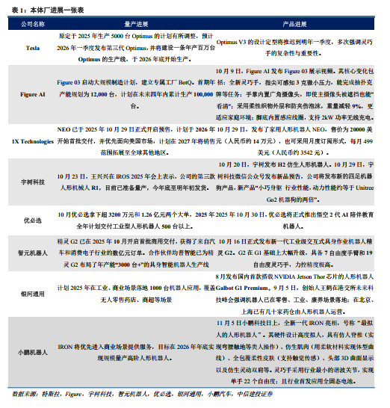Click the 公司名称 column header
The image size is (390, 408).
point(31,24)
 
